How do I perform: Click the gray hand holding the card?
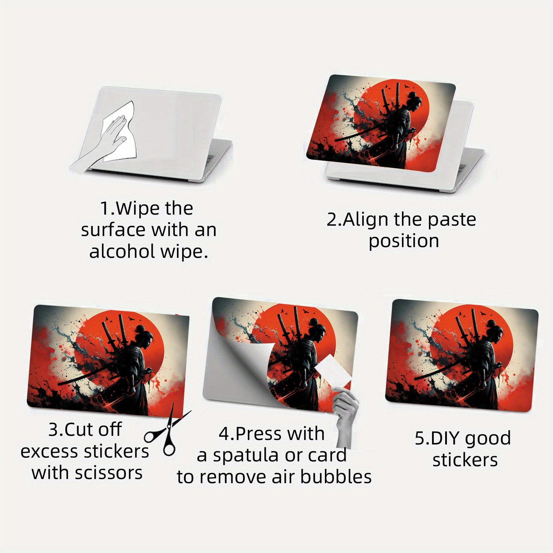point(346,415)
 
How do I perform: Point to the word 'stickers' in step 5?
point(465,460)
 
